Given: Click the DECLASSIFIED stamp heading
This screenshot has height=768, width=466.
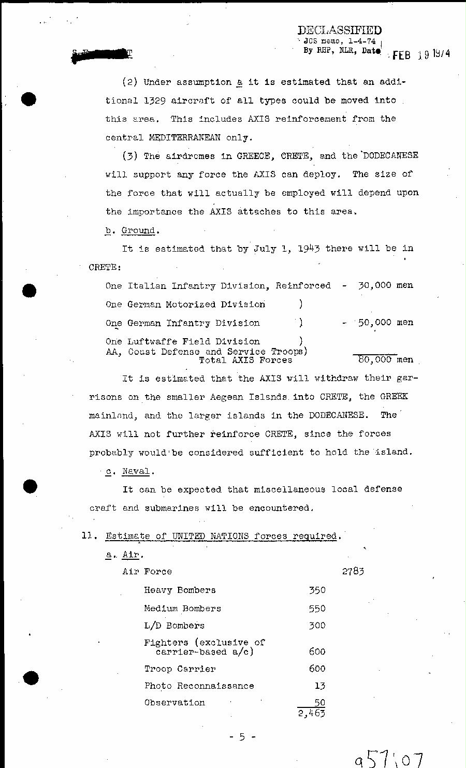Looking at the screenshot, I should (340, 31).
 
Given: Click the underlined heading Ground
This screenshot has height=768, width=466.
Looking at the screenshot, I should (138, 230).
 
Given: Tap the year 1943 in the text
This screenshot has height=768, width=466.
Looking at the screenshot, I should (308, 249).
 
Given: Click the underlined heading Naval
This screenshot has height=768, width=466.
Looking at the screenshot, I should (136, 471).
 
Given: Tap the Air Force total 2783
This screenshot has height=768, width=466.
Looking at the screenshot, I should (353, 572).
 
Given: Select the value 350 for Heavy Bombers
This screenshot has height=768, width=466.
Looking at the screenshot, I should (317, 590).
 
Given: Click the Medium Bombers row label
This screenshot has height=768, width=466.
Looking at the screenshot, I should (182, 608).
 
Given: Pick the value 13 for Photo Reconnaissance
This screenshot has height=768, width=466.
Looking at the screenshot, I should (319, 686).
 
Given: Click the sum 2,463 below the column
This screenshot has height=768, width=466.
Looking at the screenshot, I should (311, 714).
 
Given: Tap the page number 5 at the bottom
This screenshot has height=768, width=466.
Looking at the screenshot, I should (242, 737).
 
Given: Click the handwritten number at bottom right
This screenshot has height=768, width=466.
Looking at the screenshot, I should (389, 759).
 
